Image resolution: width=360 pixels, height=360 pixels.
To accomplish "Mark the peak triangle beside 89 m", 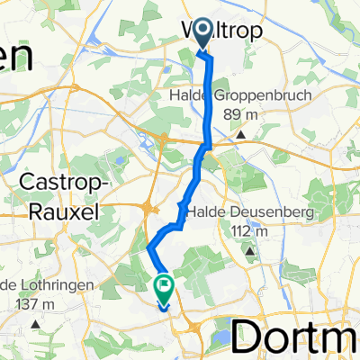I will click(x=242, y=135).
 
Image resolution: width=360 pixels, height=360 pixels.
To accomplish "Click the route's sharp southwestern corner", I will click(x=148, y=244).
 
